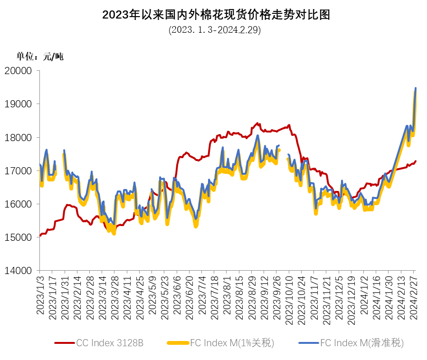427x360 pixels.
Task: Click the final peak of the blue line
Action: point(416,88)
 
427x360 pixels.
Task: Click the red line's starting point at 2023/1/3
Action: point(40,236)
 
